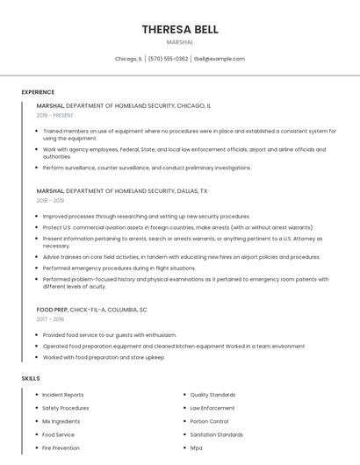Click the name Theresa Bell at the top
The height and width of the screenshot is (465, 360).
pos(180,29)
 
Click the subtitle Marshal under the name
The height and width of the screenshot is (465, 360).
pos(180,42)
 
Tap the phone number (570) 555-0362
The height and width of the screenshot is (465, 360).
pos(168,59)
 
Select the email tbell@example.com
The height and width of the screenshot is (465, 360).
pos(220,59)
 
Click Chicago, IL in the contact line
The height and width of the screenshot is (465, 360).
pos(128,59)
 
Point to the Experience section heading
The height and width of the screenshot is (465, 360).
pos(38,92)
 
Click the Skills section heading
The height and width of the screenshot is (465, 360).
pos(31,378)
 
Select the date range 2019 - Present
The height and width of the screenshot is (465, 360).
pos(55,115)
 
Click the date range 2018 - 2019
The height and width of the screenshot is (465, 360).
pos(51,200)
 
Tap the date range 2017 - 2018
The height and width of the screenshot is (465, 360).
pos(51,319)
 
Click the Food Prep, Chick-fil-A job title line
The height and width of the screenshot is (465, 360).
pos(92,310)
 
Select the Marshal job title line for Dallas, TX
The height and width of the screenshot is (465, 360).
pos(122,190)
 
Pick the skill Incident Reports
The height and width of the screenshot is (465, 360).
pos(62,395)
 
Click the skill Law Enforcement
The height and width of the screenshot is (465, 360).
pos(212,408)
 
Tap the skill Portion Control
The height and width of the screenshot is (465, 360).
pos(209,421)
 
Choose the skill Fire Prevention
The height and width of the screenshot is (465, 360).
pos(61,447)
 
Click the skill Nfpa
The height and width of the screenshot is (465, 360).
pos(196,447)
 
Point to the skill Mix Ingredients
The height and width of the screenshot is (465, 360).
pos(61,421)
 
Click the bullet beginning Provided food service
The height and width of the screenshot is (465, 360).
pos(110,335)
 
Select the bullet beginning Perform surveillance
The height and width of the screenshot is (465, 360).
pos(147,168)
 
